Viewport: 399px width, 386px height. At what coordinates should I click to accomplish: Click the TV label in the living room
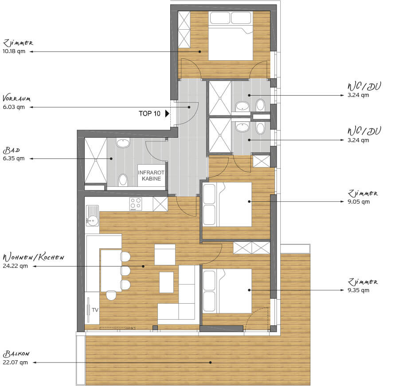tap(95, 310)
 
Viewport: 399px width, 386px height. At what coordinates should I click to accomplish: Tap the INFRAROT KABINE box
tap(152, 176)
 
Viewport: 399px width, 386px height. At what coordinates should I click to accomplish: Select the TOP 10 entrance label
tap(150, 114)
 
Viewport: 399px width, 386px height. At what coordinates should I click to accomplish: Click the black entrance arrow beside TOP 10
tap(167, 113)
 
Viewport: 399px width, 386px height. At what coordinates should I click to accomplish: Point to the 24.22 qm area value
tap(15, 266)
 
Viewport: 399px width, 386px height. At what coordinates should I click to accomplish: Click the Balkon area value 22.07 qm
tap(15, 363)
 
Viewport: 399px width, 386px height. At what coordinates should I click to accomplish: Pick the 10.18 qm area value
tap(14, 51)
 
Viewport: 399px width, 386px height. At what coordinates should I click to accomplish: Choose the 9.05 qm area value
tap(359, 202)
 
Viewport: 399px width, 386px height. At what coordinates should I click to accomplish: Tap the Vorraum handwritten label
tap(16, 98)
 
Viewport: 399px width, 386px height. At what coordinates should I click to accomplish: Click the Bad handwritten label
tap(12, 151)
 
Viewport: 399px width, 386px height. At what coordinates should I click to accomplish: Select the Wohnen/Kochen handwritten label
tap(33, 257)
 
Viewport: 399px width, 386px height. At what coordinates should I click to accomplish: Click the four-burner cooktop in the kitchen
tap(136, 204)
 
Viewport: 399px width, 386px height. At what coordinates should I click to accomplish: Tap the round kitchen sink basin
tap(92, 220)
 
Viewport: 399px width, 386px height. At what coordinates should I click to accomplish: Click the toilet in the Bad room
tap(123, 180)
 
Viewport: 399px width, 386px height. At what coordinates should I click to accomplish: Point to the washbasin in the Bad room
tap(123, 143)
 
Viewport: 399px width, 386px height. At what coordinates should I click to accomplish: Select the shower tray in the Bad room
tap(96, 160)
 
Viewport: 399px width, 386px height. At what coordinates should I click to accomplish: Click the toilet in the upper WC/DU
tap(260, 105)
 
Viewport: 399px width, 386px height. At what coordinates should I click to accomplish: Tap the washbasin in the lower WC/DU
tap(242, 127)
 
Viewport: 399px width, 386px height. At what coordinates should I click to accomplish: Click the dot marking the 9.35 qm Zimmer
tap(249, 290)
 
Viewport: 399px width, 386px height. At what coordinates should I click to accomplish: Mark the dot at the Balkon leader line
tap(211, 363)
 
